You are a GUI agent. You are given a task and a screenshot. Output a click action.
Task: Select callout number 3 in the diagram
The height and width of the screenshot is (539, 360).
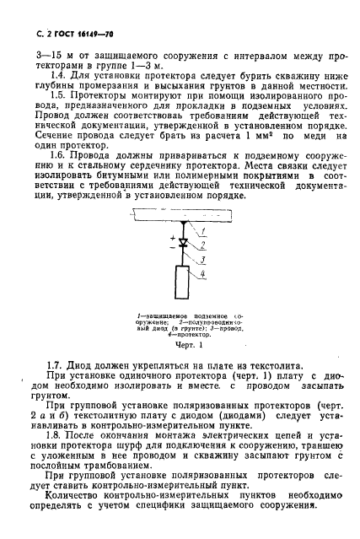tap(202, 260)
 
